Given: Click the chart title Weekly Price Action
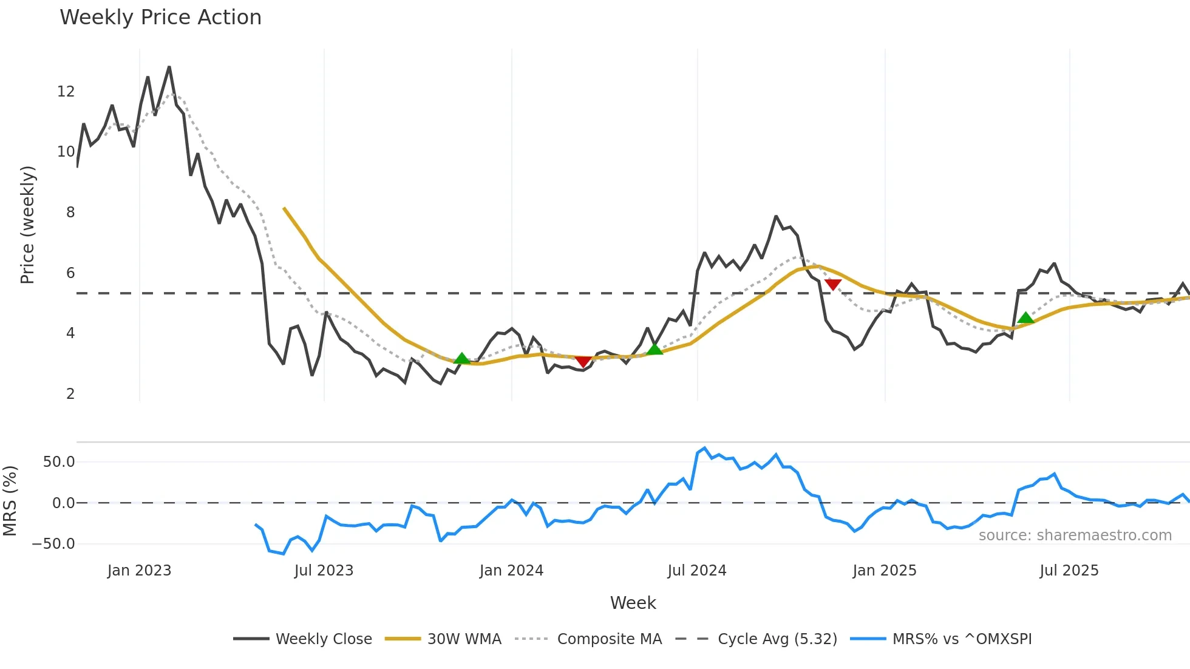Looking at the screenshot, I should click(x=160, y=18).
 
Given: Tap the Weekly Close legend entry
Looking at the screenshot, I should click(x=324, y=639).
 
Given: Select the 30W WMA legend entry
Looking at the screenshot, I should click(x=464, y=639).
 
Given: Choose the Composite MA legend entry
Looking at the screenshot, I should click(x=609, y=639).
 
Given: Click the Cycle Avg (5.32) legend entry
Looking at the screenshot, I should click(x=777, y=639).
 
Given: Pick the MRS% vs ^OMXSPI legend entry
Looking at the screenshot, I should click(x=962, y=639).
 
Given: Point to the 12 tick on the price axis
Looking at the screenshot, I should click(x=66, y=92).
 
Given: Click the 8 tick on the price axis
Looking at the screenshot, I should click(x=70, y=212).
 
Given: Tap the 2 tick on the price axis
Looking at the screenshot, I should click(x=70, y=394).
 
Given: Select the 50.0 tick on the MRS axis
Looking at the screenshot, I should click(x=59, y=462).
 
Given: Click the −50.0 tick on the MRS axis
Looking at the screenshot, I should click(x=53, y=544).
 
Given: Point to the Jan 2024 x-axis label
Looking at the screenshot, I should click(x=511, y=571).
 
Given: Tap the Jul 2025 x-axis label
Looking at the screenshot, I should click(x=1069, y=571).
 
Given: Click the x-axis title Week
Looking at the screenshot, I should click(x=633, y=603).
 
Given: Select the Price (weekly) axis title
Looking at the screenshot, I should click(x=27, y=225).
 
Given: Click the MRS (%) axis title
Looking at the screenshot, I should click(x=10, y=501).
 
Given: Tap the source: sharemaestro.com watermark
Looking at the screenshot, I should click(x=1075, y=535).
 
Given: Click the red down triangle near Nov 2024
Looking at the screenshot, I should click(x=833, y=285).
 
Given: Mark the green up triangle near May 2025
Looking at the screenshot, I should click(x=1025, y=318).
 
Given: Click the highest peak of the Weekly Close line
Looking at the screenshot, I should click(x=169, y=67).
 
